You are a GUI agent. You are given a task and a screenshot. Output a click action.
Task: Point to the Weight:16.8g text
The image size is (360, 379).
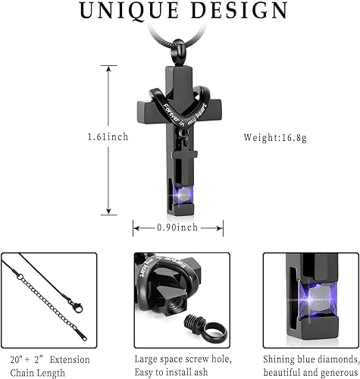click(275, 138)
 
